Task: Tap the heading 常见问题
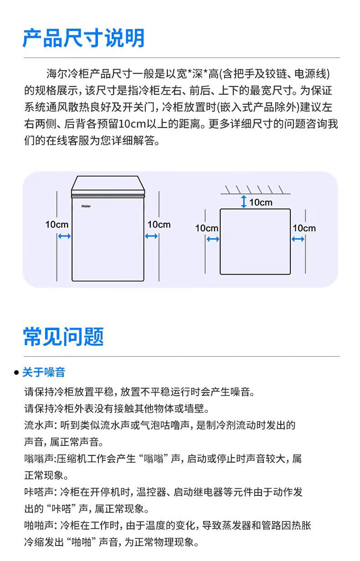63,337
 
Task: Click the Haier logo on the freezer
86,205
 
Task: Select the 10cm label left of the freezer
57,224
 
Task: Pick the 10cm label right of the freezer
159,224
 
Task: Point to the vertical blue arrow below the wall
244,202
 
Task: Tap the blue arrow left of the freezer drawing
64,236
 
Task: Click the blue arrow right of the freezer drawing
151,236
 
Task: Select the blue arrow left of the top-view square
213,239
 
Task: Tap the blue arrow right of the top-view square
298,239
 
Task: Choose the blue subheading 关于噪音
44,372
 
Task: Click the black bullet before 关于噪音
16,373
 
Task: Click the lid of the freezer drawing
108,184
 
